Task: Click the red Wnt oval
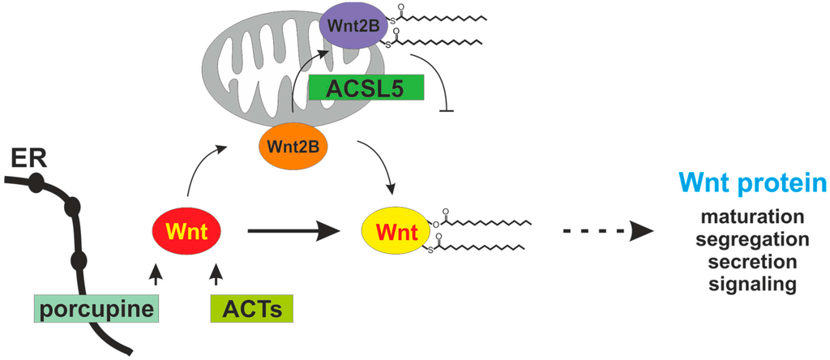pos(188,233)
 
